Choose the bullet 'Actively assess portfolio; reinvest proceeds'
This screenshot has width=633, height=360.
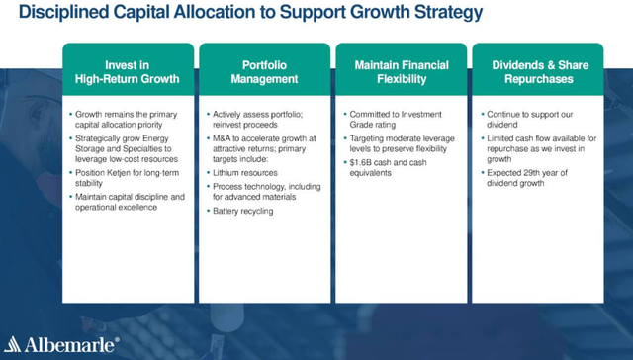[x=262, y=121]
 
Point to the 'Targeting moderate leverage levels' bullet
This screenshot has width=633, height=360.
[x=400, y=144]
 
